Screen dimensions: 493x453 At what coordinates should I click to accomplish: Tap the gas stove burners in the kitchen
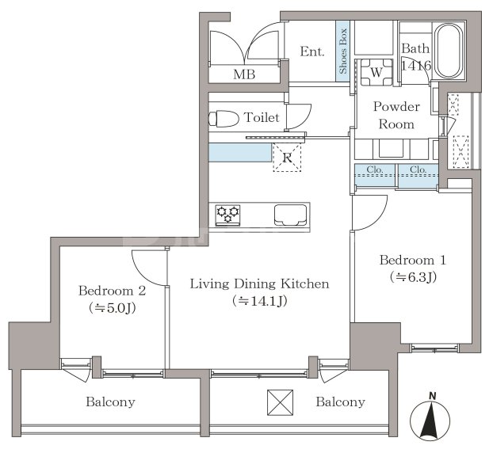tap(228, 215)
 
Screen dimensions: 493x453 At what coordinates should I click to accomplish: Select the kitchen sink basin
tap(290, 215)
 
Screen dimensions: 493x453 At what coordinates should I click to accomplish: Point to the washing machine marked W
tap(376, 73)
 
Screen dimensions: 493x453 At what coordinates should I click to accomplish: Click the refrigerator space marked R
tap(287, 158)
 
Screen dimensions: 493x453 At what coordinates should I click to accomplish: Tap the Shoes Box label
tap(342, 51)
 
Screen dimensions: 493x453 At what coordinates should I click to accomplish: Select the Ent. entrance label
tap(312, 51)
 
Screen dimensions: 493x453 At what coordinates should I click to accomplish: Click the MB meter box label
tap(244, 74)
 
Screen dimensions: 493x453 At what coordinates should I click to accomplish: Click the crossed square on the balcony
tap(280, 402)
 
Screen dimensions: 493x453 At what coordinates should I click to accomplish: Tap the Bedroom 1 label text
tap(413, 260)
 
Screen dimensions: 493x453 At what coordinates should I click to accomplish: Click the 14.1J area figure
tap(260, 301)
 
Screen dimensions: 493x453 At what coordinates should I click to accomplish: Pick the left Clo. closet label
tap(374, 169)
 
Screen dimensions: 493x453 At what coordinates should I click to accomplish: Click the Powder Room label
tap(396, 116)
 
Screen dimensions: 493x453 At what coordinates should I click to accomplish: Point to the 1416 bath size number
tap(415, 66)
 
